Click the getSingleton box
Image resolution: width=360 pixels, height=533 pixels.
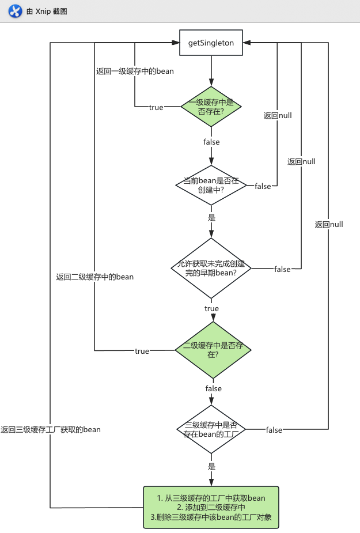click(x=211, y=44)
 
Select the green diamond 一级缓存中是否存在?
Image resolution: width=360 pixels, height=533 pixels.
click(x=211, y=107)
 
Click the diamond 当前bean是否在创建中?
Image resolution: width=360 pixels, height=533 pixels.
click(x=211, y=186)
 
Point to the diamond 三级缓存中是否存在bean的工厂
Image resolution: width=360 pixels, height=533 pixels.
click(x=211, y=430)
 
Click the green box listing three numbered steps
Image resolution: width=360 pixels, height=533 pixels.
click(x=211, y=508)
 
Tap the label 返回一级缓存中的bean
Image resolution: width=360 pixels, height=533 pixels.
click(x=135, y=71)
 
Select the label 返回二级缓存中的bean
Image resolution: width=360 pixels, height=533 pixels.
click(x=94, y=277)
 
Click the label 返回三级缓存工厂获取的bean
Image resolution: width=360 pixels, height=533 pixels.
click(x=51, y=429)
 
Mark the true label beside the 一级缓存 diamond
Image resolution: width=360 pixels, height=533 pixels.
click(x=156, y=107)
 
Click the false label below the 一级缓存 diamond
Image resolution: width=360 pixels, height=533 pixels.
click(x=211, y=142)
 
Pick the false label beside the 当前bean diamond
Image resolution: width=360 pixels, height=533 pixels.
click(x=263, y=186)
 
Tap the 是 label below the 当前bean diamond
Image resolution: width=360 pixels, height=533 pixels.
click(x=211, y=218)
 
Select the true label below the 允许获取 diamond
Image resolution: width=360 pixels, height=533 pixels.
click(x=211, y=309)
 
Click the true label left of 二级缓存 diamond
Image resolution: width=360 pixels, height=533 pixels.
click(x=142, y=351)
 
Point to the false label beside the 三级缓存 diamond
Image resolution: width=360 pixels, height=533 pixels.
click(x=274, y=430)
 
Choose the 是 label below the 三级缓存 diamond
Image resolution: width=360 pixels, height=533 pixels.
click(x=211, y=466)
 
